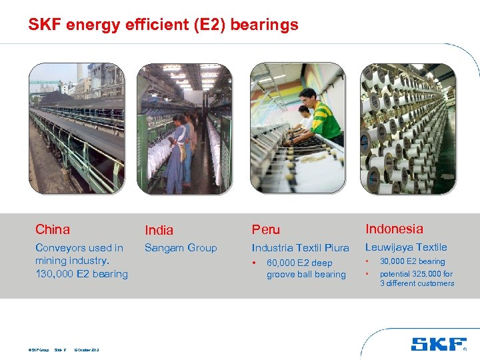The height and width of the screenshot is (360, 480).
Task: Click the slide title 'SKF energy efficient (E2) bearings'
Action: pyautogui.click(x=163, y=25)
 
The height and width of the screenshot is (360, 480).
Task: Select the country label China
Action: pyautogui.click(x=53, y=229)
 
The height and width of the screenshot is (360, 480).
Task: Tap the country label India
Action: pyautogui.click(x=159, y=230)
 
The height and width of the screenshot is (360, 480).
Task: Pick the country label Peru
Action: pyautogui.click(x=266, y=230)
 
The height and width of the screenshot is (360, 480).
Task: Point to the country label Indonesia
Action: pyautogui.click(x=394, y=229)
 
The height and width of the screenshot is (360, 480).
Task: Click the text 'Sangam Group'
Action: pyautogui.click(x=181, y=248)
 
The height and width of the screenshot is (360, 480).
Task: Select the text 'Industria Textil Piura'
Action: pyautogui.click(x=300, y=248)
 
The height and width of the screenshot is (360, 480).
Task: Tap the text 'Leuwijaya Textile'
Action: pyautogui.click(x=406, y=247)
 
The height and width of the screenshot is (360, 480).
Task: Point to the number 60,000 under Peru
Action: pyautogui.click(x=281, y=263)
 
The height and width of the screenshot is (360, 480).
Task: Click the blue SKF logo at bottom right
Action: pyautogui.click(x=439, y=344)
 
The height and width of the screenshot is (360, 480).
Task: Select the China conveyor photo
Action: pyautogui.click(x=77, y=129)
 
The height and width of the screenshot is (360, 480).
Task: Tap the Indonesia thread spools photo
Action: pyautogui.click(x=407, y=129)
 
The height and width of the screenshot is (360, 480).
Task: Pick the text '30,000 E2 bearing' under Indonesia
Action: pyautogui.click(x=412, y=261)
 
